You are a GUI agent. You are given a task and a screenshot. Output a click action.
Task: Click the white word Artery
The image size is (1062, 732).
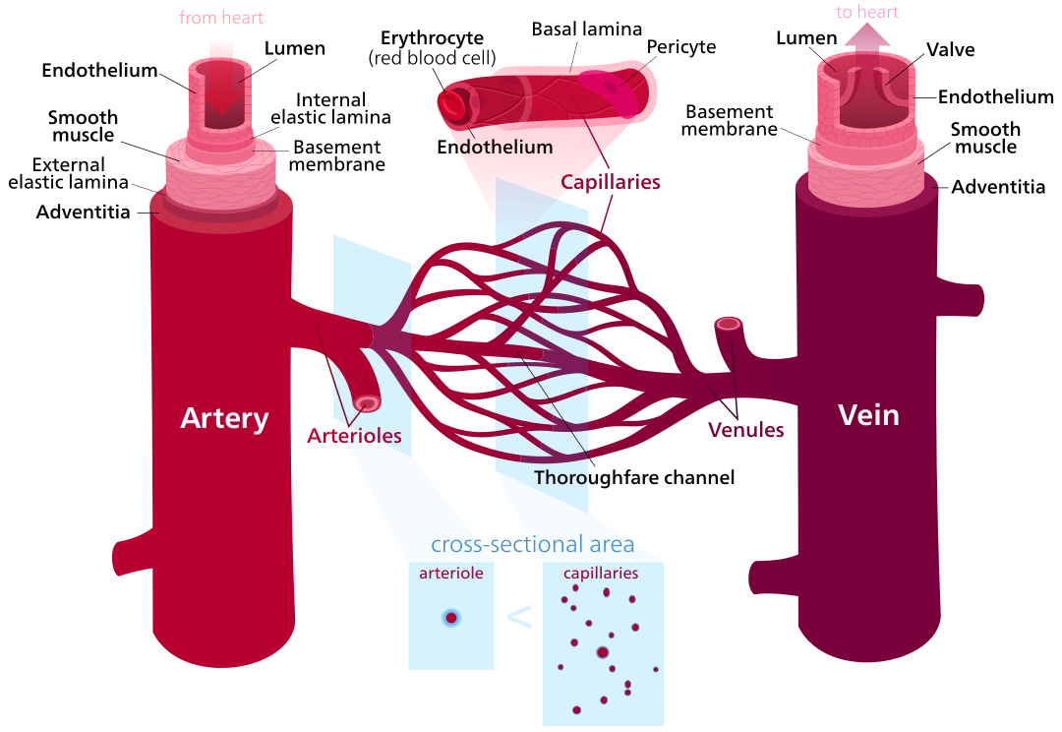click(224, 418)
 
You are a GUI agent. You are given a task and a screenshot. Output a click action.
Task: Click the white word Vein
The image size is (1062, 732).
click(868, 415)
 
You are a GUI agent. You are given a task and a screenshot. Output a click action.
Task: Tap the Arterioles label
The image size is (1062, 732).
click(354, 436)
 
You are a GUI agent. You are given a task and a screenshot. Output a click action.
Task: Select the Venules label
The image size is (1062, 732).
click(746, 431)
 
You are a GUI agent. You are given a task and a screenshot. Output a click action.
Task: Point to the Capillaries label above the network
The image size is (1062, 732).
click(610, 182)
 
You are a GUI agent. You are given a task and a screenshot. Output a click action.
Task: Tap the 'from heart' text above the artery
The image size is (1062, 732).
click(221, 18)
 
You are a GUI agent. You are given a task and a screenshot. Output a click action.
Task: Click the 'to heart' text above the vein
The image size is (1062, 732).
click(866, 13)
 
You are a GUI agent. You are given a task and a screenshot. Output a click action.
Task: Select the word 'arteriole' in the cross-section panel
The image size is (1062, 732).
click(450, 573)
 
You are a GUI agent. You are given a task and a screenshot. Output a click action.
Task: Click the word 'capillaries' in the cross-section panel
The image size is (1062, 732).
click(601, 573)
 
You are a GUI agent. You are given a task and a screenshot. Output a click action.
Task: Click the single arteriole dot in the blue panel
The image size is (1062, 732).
click(450, 618)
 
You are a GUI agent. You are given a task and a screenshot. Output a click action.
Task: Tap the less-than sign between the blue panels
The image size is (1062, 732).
click(519, 617)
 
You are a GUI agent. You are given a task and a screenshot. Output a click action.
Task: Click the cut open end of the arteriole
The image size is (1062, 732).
click(368, 403)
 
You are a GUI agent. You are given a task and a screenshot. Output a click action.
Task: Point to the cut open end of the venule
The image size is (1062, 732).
click(728, 324)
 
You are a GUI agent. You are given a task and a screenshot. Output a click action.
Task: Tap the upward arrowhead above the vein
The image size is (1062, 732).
click(866, 36)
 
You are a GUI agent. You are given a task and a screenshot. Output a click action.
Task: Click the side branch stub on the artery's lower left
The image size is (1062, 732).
click(126, 557)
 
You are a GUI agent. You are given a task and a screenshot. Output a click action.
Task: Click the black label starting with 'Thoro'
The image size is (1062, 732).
click(561, 478)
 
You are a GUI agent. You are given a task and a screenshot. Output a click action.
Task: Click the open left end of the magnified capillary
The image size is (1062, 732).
click(452, 101)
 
